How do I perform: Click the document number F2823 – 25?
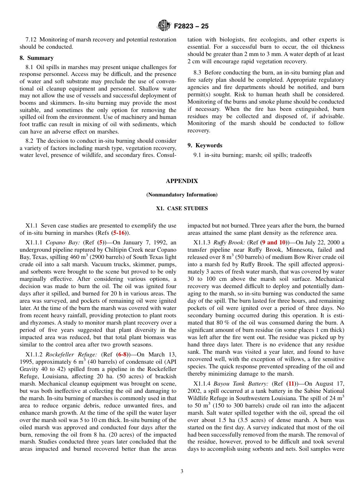click(x=191, y=26)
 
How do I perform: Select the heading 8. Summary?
click(x=36, y=58)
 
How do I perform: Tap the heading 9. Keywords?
click(x=205, y=145)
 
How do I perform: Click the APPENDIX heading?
click(x=182, y=181)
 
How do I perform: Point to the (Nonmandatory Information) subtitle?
click(x=182, y=195)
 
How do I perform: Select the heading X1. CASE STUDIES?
click(x=182, y=209)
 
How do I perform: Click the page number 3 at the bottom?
click(x=182, y=472)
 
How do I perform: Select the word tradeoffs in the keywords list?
click(x=300, y=155)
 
